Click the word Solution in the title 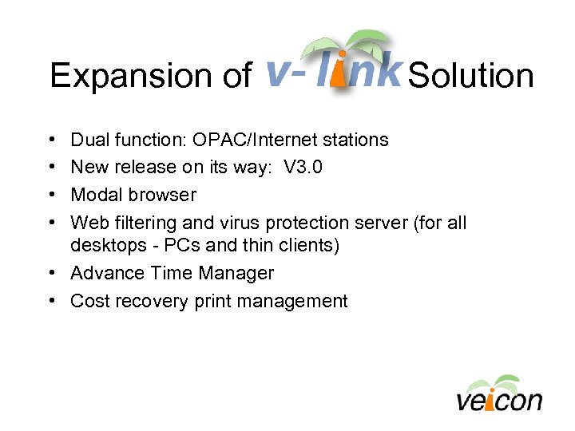coord(470,77)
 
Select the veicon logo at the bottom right coord(499,393)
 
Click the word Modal coord(97,195)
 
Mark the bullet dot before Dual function coord(52,140)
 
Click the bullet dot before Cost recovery coord(52,301)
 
